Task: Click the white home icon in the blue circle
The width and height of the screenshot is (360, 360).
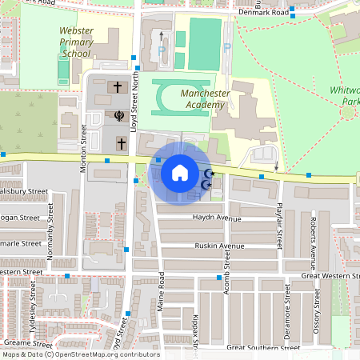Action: (x=179, y=171)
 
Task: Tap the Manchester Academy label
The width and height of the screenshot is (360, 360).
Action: (x=207, y=99)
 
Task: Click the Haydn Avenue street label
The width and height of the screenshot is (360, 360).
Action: (x=216, y=218)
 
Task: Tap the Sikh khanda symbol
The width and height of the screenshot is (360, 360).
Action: (x=118, y=114)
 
